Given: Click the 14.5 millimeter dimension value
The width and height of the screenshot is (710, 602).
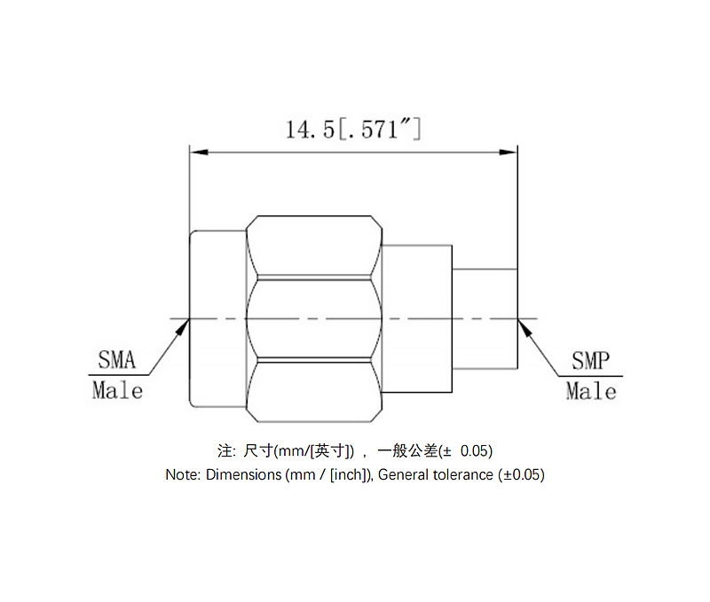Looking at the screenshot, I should (309, 130).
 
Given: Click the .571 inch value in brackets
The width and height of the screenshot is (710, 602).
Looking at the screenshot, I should (379, 130).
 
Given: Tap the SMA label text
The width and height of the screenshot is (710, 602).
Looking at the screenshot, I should (116, 360).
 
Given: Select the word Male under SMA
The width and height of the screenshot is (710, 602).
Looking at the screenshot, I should (117, 390).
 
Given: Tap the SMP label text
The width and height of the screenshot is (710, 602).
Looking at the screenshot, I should (590, 360).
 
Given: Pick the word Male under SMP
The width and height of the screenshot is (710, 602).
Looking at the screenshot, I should (591, 390).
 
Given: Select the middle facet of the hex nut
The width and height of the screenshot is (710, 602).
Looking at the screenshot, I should (315, 318).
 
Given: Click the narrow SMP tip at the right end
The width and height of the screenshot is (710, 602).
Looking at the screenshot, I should (485, 318).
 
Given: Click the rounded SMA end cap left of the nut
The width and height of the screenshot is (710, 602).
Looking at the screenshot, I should (217, 318).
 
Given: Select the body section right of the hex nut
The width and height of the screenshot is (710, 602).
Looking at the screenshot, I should (417, 318).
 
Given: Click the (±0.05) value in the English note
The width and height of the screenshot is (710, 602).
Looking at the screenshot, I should (521, 474).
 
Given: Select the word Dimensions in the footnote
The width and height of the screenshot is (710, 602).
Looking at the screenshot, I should (243, 474).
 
